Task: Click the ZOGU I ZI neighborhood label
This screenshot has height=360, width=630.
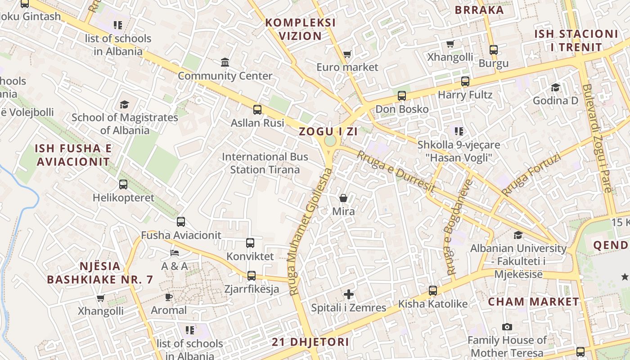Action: (x=328, y=132)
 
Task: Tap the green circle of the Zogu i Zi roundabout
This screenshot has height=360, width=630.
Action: (x=330, y=141)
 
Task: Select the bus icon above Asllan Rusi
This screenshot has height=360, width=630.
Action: (x=257, y=109)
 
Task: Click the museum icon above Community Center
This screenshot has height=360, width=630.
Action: (x=225, y=62)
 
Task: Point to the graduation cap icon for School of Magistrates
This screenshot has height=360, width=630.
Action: (x=124, y=104)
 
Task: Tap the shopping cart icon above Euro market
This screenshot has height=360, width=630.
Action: (x=347, y=54)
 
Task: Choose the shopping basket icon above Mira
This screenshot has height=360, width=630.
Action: (x=343, y=198)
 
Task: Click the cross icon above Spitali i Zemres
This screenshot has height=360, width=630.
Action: (x=349, y=294)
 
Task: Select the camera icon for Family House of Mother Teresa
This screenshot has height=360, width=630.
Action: (x=507, y=327)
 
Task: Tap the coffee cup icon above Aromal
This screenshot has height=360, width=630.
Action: (x=169, y=297)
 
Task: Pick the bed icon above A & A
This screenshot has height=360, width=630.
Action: (x=175, y=252)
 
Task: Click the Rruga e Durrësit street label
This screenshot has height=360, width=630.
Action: (x=396, y=172)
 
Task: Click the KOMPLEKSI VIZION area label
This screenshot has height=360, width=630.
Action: (x=300, y=29)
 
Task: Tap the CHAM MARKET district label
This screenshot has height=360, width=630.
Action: (x=533, y=301)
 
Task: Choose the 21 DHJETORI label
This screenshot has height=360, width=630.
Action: (x=310, y=342)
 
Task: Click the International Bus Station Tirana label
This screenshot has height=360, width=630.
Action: (x=265, y=163)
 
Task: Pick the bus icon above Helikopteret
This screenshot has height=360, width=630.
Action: (x=123, y=184)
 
